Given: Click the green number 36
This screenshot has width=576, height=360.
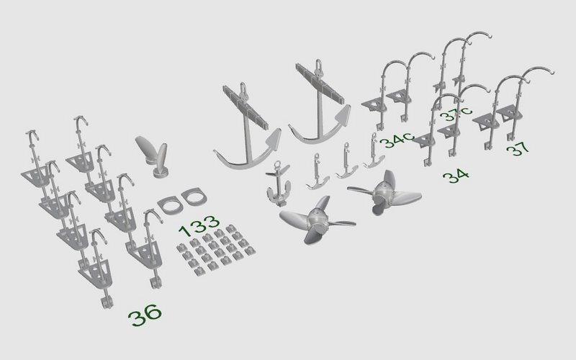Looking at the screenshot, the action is (x=145, y=315).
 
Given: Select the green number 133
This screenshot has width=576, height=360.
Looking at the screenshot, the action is (x=199, y=226).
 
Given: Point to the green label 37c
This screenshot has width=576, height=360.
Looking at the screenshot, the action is (x=456, y=113).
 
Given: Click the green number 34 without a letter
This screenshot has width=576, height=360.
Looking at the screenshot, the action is (x=456, y=176).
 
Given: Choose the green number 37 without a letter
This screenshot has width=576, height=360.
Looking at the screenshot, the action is (x=518, y=148).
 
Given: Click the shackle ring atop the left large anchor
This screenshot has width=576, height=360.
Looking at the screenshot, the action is (x=243, y=89).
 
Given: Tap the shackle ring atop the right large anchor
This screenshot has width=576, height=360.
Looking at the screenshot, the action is (x=319, y=66).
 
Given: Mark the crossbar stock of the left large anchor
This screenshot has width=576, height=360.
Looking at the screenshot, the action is (x=246, y=107).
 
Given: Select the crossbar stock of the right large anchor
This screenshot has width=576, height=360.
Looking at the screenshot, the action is (x=319, y=83).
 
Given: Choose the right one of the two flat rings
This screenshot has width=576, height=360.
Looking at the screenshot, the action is (x=194, y=196).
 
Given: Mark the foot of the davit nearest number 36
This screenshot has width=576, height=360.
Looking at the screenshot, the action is (x=107, y=302).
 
